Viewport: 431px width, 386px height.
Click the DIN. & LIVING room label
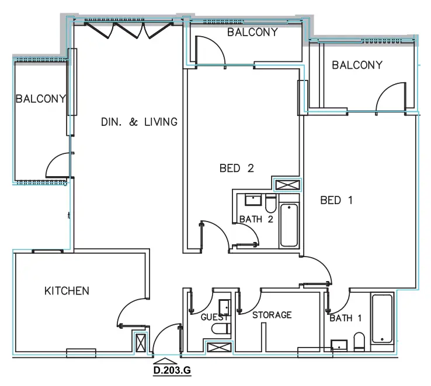point(138,122)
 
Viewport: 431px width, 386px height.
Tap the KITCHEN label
point(67,290)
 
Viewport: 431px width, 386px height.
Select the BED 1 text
point(337,200)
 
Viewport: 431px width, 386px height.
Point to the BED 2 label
point(237,169)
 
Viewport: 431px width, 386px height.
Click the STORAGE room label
point(272,315)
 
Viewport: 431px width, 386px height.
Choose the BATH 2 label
point(256,219)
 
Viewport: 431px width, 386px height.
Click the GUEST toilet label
point(214,318)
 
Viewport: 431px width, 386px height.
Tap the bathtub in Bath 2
point(289,225)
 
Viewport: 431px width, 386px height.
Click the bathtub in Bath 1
point(383,319)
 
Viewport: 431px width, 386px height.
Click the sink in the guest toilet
point(224,307)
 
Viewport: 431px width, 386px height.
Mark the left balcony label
point(41,99)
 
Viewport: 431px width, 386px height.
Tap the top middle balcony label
point(252,33)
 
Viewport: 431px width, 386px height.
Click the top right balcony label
point(357,65)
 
